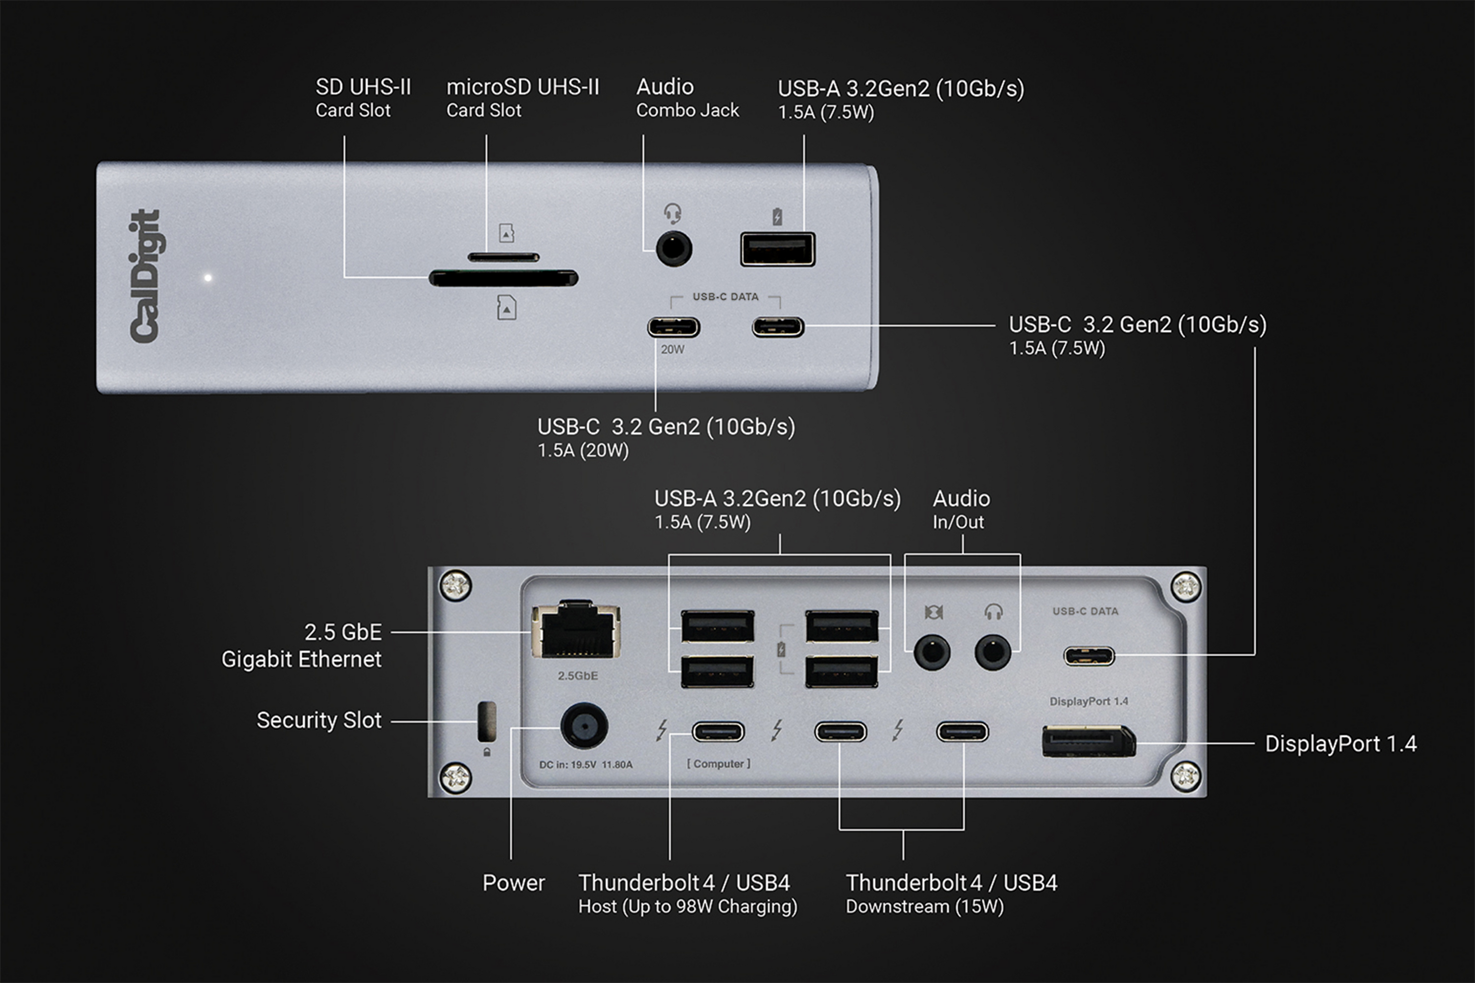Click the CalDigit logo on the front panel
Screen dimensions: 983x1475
tap(145, 276)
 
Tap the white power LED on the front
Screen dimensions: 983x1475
tap(208, 278)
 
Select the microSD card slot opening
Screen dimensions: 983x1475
tap(503, 257)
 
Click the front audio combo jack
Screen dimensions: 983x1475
tap(674, 249)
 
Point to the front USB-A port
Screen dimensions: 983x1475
tap(778, 249)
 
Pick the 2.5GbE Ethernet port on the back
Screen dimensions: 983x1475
tap(576, 631)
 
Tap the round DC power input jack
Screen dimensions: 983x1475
tap(584, 726)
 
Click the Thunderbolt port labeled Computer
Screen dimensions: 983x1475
tap(718, 732)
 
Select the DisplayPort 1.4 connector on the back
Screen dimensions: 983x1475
tap(1088, 741)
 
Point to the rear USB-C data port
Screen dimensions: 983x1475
tap(1089, 656)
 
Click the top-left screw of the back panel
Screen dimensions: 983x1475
tap(456, 585)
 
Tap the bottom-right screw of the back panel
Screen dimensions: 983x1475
tap(1185, 777)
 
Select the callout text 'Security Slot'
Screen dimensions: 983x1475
tap(318, 720)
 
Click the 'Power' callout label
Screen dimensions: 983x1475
tap(513, 883)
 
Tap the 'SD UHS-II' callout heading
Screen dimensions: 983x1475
tap(363, 87)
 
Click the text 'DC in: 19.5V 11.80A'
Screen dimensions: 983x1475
tap(586, 765)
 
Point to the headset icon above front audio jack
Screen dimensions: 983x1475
tap(672, 214)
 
